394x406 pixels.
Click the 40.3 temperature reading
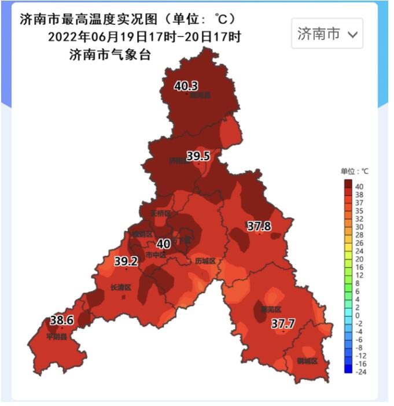[x=186, y=86]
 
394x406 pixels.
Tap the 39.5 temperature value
[x=198, y=156]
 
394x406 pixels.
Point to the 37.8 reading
[x=259, y=226]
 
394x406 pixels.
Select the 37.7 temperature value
[x=283, y=324]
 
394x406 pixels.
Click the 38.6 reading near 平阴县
[x=61, y=320]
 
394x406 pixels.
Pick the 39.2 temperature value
[x=126, y=261]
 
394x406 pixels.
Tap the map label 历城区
[x=205, y=261]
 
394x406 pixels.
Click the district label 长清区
[x=121, y=287]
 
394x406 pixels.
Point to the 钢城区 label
[x=307, y=361]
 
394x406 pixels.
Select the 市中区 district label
[x=156, y=254]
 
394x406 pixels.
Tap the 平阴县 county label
[x=57, y=336]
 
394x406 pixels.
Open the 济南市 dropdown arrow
[x=353, y=34]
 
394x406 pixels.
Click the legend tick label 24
[x=359, y=251]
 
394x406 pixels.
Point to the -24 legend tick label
[x=360, y=372]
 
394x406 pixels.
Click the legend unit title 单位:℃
[x=354, y=172]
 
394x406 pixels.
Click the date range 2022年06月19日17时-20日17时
[x=144, y=37]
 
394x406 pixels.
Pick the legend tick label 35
[x=359, y=211]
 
